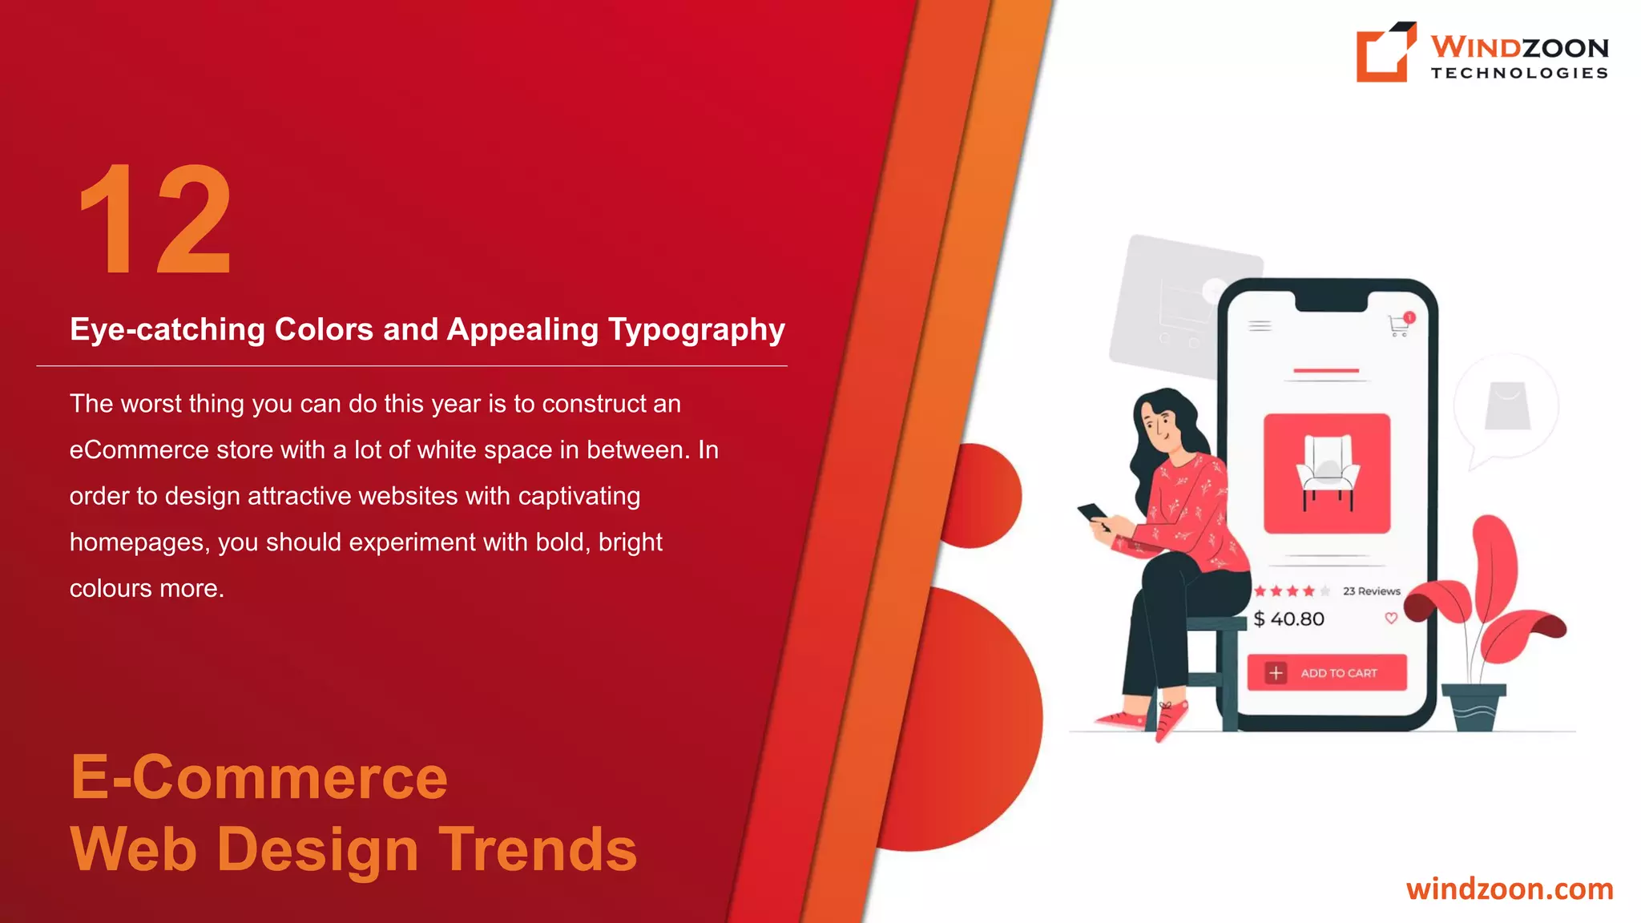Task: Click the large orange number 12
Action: pos(155,218)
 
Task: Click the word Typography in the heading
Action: pos(696,330)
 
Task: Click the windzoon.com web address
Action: pos(1509,889)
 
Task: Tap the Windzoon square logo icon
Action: pos(1385,52)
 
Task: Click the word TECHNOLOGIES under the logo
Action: pos(1519,74)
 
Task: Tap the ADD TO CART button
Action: pos(1327,673)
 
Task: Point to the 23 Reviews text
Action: pos(1372,591)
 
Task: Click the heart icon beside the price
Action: pos(1391,618)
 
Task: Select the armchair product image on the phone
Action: pos(1327,474)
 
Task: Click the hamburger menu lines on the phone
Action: pos(1260,326)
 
